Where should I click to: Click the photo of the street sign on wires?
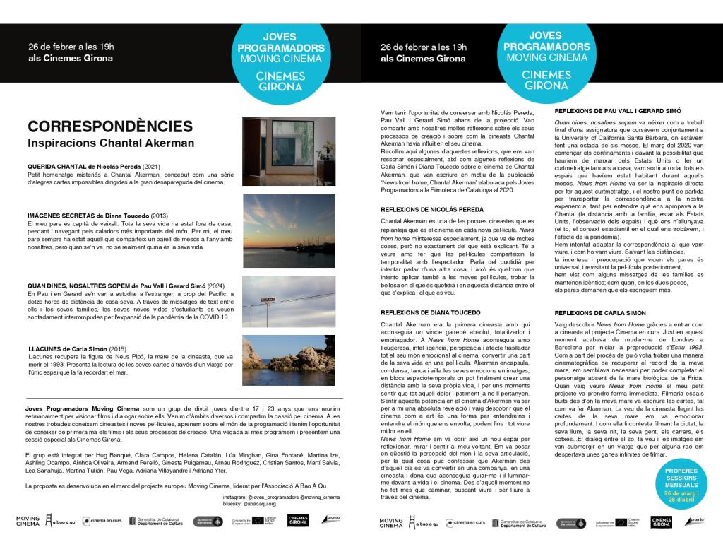(280, 293)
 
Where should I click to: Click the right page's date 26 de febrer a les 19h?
(423, 47)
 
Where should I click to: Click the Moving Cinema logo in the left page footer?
(28, 522)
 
